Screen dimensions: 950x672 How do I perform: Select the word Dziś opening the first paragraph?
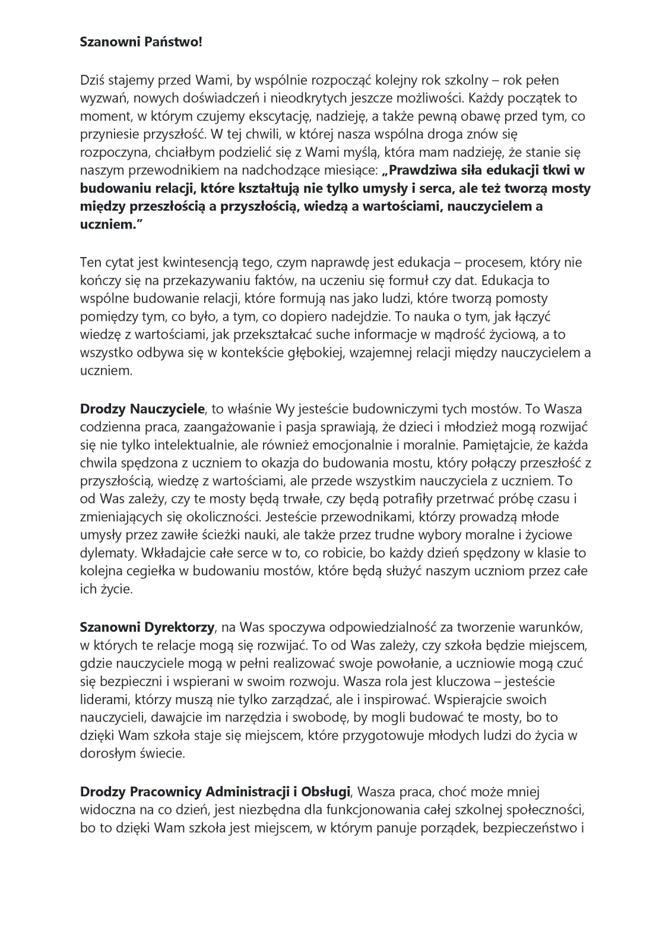pos(92,79)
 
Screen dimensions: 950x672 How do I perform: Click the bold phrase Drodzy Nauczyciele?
pos(142,409)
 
